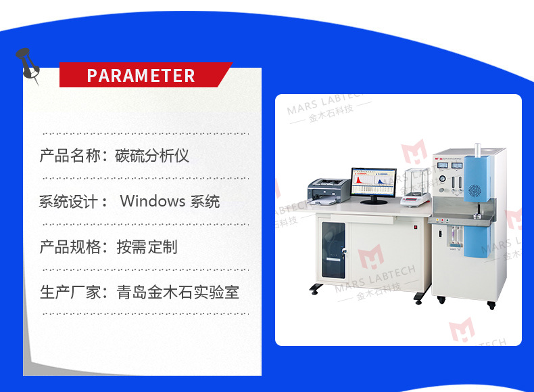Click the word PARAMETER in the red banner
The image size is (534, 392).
click(141, 75)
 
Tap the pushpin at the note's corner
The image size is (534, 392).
click(26, 62)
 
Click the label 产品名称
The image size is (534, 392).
click(70, 156)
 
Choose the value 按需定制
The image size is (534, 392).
click(147, 246)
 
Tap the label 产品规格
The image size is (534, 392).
click(70, 246)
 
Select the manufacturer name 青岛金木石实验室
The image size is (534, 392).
click(178, 292)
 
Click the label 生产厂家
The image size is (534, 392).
click(70, 292)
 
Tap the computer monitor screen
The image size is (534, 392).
click(373, 182)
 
